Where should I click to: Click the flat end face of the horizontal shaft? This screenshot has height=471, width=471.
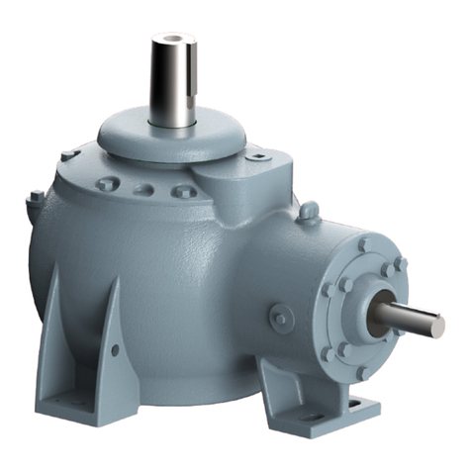point(436,324)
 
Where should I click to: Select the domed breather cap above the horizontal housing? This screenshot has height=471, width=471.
point(309,211)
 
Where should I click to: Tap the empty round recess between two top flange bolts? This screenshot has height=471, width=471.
point(144,189)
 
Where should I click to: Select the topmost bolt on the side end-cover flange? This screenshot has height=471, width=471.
point(364,242)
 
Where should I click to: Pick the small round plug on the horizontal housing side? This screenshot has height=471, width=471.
point(281,319)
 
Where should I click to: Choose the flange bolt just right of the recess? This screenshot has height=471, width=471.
point(179,192)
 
